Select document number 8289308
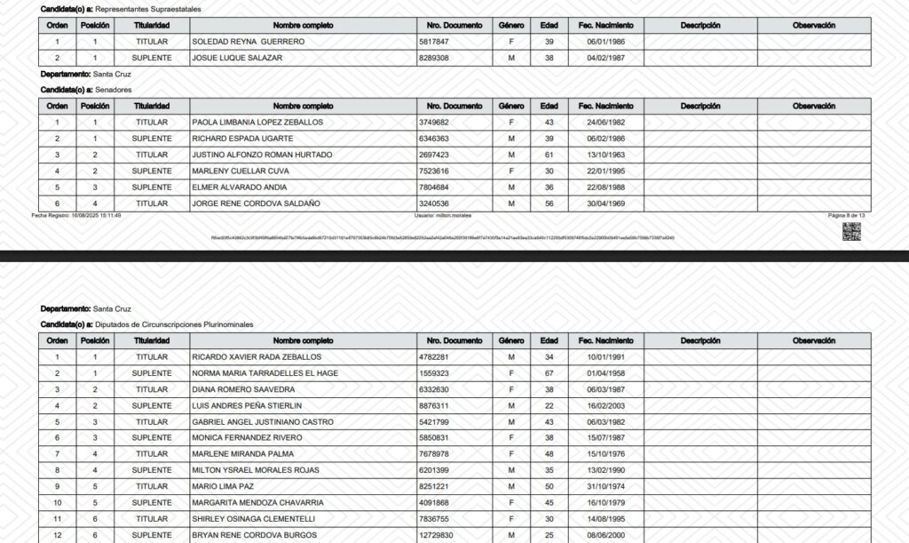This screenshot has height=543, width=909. pos(434,58)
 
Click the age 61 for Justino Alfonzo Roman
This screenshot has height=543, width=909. pos(549,155)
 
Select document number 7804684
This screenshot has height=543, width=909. pos(434,187)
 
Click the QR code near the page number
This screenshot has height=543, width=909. pos(851,231)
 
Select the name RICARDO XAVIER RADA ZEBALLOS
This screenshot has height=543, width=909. pos(257,357)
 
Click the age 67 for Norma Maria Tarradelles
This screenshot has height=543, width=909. pos(549,373)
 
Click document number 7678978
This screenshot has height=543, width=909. pos(434,454)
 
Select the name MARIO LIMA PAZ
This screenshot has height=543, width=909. pos(223,487)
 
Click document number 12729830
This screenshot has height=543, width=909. pos(437,535)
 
